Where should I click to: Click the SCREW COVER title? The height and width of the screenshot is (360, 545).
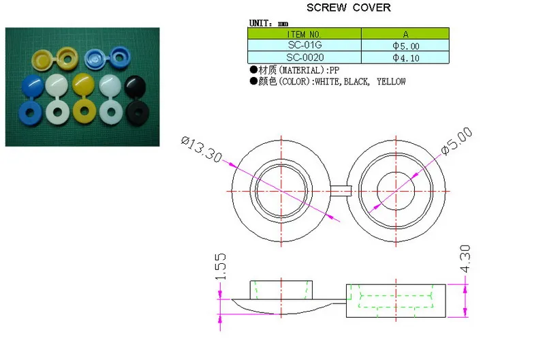348,7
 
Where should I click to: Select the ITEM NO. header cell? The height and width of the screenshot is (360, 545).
304,33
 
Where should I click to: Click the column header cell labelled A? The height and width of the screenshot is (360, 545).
405,33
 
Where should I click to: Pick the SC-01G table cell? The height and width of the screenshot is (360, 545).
304,45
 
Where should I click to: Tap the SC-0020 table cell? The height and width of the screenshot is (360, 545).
304,57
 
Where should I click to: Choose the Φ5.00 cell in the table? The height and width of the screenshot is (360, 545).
405,45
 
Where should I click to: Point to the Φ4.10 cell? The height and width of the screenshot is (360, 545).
405,57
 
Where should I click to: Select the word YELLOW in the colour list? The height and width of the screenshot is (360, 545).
391,82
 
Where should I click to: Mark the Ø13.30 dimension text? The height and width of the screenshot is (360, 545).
201,149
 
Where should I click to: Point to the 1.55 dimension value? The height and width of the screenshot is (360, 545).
221,267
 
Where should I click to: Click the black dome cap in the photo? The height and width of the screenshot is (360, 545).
136,85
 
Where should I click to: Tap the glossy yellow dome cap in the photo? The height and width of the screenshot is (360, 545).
83,85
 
